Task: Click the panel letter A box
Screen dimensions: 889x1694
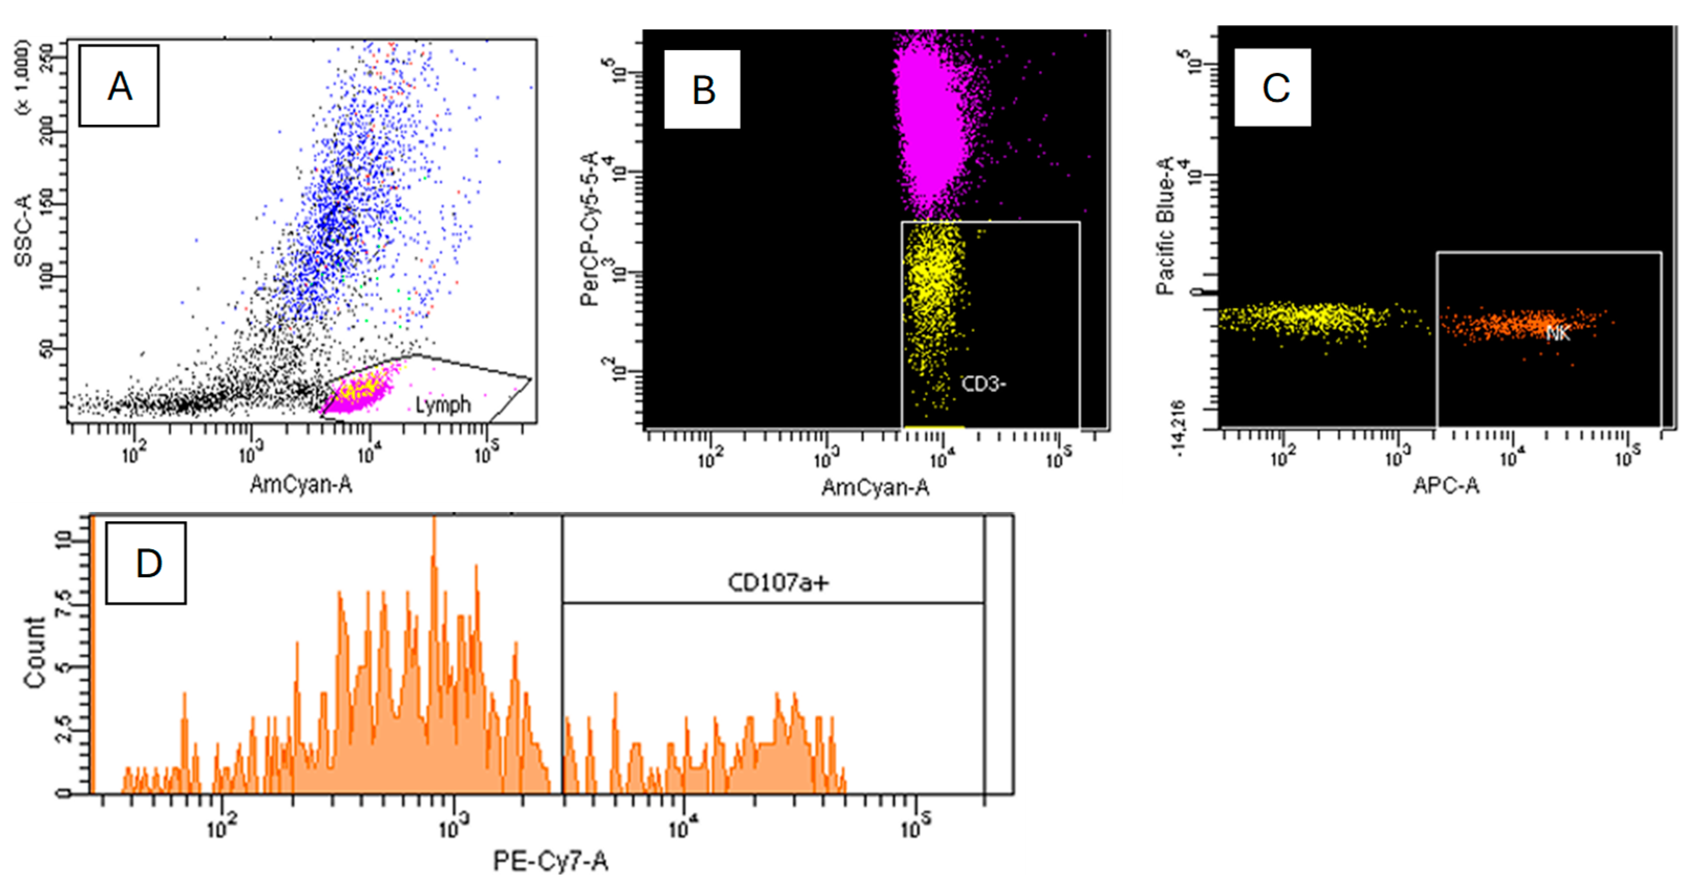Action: pos(119,85)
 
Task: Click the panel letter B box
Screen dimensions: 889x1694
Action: pos(702,90)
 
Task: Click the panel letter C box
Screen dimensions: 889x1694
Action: pos(1272,87)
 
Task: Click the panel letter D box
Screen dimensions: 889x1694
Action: pos(146,563)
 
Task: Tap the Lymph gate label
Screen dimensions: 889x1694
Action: pos(443,404)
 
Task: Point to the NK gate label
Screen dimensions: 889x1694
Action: pos(1557,334)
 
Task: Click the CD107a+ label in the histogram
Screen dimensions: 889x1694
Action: pos(777,582)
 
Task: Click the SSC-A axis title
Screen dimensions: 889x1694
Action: pos(24,230)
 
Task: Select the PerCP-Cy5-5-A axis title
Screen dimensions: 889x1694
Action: pos(590,229)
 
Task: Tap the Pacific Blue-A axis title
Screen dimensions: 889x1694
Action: pos(1165,226)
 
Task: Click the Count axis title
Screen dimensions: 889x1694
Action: pos(34,652)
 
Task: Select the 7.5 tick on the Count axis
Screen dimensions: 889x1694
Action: pos(64,603)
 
